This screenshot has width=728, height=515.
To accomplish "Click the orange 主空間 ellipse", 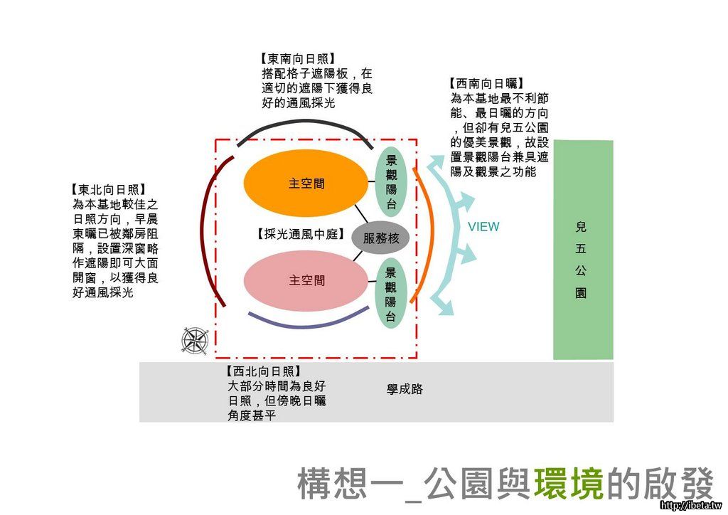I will click(x=306, y=184).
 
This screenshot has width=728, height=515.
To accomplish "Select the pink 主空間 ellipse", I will click(x=306, y=281).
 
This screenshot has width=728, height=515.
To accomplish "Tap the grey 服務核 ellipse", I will click(x=380, y=239).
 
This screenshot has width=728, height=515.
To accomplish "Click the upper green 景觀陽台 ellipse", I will click(x=391, y=183).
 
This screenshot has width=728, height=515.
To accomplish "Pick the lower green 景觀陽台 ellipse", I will click(x=390, y=294).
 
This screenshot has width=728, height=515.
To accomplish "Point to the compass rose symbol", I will click(x=193, y=341).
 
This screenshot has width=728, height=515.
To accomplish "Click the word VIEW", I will click(x=483, y=227).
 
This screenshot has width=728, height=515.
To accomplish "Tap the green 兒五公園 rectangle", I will click(x=583, y=249).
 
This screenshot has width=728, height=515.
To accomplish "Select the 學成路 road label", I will click(x=405, y=390).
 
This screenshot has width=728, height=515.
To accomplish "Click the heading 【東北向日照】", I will click(x=108, y=190).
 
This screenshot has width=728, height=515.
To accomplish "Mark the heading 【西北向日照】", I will click(x=263, y=371).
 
